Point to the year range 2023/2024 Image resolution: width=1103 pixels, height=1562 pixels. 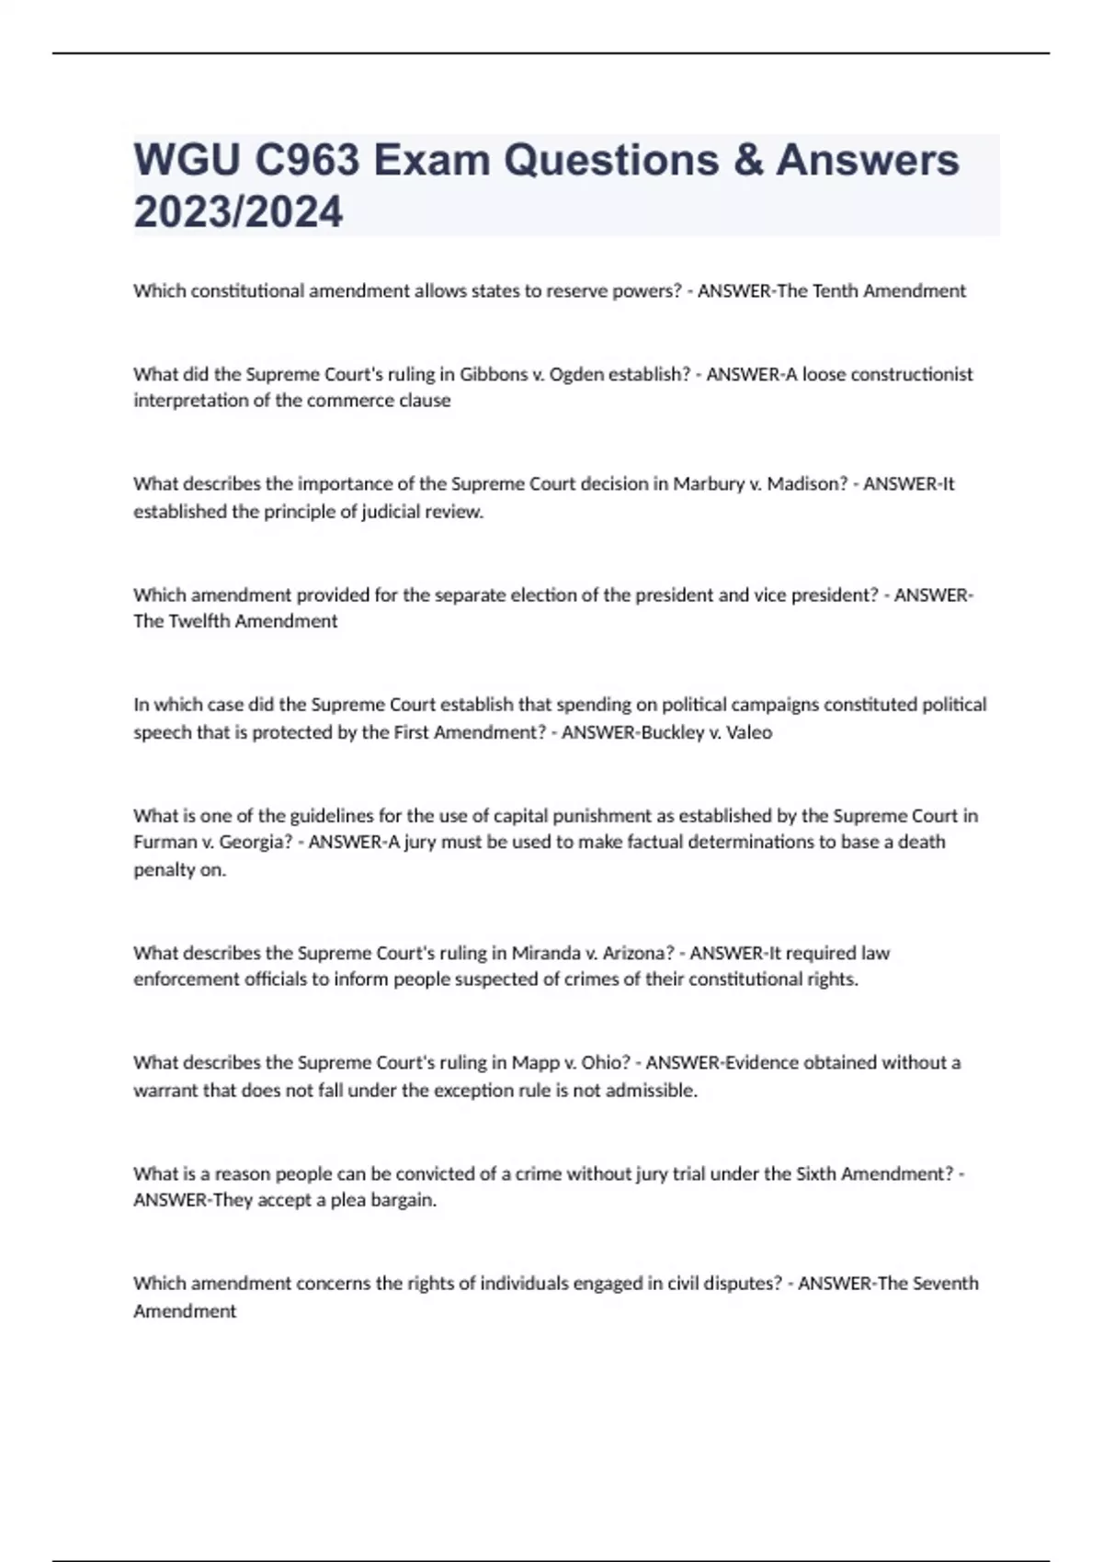[x=238, y=212]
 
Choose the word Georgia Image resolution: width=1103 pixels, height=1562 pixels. [x=253, y=842]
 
